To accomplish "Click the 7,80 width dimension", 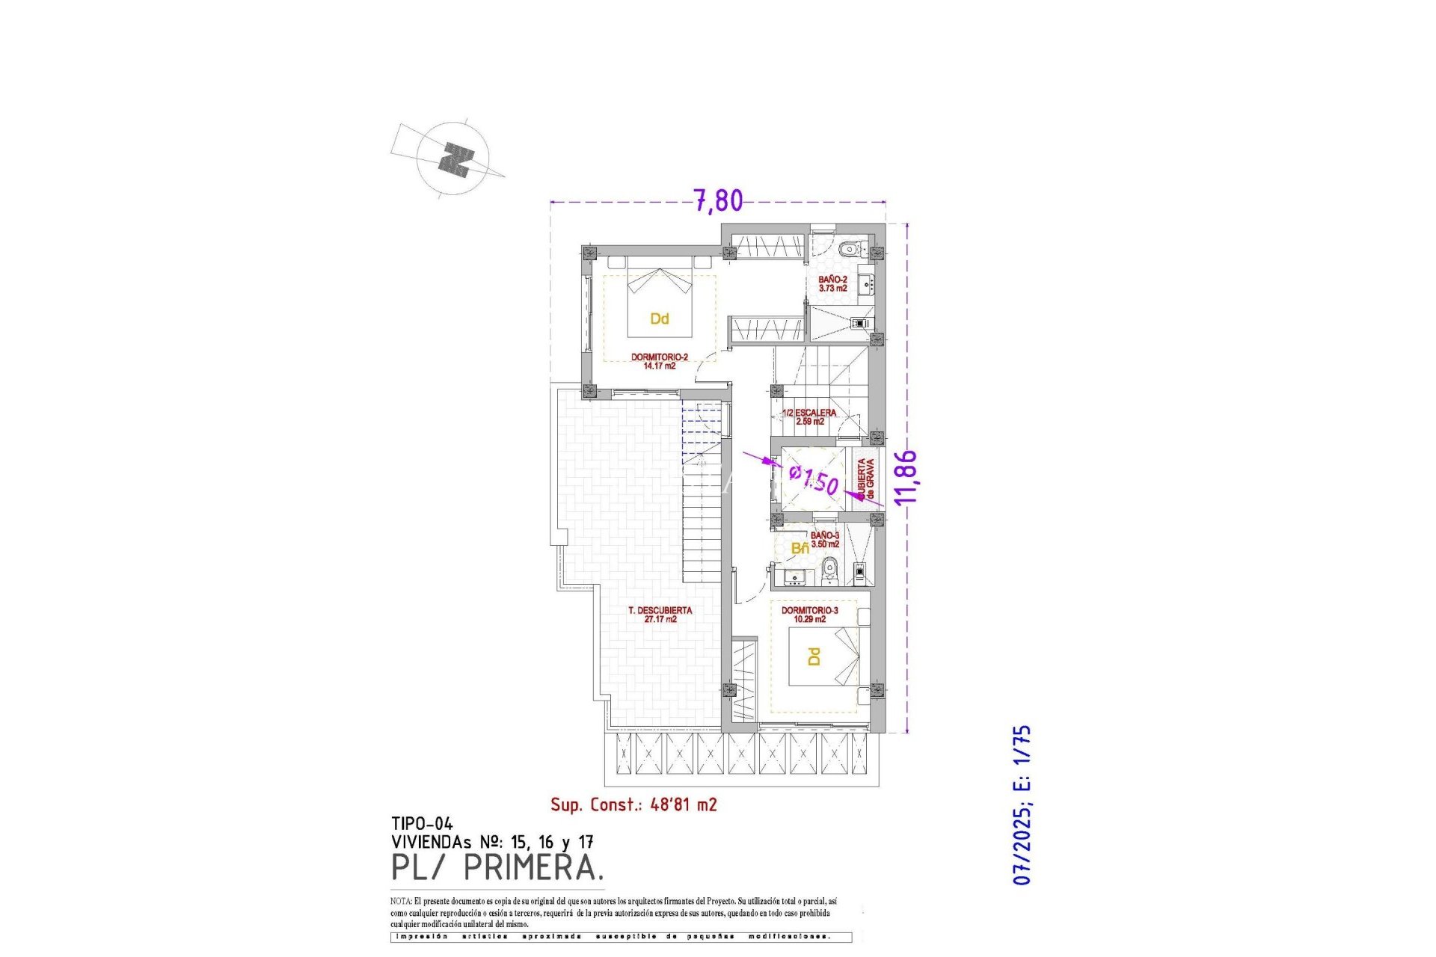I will (x=718, y=200).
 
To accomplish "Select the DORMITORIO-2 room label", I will (x=659, y=361).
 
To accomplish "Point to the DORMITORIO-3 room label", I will (x=809, y=615).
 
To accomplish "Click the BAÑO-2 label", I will (x=832, y=283).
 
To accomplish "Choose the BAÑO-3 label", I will (x=825, y=540).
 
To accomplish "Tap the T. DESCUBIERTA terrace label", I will (x=660, y=615).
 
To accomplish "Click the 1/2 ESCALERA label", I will (x=809, y=416).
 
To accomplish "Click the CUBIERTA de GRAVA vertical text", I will (x=865, y=479).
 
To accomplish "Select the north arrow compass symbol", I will (x=454, y=159).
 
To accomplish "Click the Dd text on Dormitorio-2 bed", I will (x=659, y=319).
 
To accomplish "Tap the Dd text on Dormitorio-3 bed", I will (x=814, y=656).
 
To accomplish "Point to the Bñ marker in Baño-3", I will (x=800, y=549).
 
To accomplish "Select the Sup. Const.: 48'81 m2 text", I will (x=633, y=804).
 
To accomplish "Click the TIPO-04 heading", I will (x=422, y=824).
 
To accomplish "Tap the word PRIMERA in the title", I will (x=533, y=868).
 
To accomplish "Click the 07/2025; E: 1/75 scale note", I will (x=1022, y=804).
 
